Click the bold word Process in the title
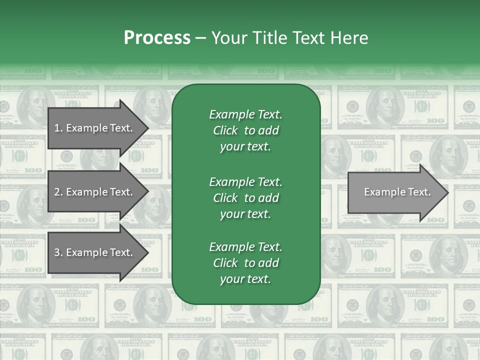coord(157,38)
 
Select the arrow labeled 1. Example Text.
coord(95,128)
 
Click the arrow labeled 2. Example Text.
coord(95,192)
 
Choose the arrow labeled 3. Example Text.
coord(95,253)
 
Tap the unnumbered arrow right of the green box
coord(395,192)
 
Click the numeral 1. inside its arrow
coord(58,128)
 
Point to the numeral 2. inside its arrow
coord(58,192)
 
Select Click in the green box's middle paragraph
coord(225,198)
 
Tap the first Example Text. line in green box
coord(245,114)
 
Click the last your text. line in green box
coord(245,279)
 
